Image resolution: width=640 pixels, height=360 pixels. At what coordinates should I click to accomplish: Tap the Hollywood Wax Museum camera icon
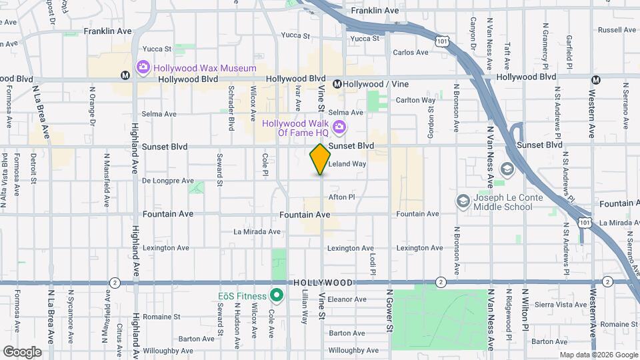(x=143, y=67)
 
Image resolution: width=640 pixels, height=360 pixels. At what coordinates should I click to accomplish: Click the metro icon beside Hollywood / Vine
(x=337, y=84)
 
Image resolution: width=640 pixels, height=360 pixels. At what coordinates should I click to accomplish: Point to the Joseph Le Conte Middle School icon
(x=463, y=201)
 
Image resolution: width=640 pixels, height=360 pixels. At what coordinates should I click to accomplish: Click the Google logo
(x=22, y=352)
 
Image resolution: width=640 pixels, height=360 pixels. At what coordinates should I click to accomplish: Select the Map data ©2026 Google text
(x=598, y=355)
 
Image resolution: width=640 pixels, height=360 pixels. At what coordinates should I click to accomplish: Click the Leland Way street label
(x=349, y=163)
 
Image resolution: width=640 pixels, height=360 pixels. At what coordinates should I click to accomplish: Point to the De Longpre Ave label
(x=167, y=181)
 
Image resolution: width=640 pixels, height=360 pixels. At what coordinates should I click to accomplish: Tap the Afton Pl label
(x=342, y=197)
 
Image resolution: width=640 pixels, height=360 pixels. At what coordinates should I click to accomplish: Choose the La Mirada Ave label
(x=257, y=232)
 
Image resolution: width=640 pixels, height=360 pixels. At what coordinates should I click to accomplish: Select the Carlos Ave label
(x=411, y=52)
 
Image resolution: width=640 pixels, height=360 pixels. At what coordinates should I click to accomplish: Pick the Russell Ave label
(x=617, y=30)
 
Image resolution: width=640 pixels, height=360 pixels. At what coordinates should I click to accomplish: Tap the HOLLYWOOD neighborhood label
(x=322, y=283)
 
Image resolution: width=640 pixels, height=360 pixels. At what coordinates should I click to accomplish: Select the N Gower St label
(x=389, y=312)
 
